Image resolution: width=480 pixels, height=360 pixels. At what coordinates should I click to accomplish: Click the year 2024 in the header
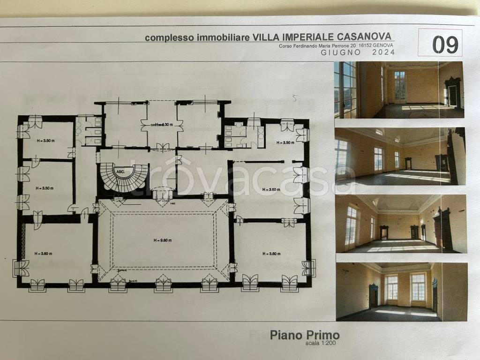coord(383,52)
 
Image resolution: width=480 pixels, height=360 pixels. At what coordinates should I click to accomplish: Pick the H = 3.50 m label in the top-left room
coord(46,141)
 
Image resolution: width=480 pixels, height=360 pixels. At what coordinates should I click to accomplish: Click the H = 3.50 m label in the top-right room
coord(285,142)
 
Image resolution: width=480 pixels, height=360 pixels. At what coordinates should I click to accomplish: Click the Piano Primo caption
coord(305,336)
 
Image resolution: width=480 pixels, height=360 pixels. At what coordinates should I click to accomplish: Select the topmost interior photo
coord(398,90)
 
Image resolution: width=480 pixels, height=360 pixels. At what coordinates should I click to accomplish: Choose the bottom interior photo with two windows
coord(402,291)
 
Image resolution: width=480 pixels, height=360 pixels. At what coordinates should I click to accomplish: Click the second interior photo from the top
coord(400,157)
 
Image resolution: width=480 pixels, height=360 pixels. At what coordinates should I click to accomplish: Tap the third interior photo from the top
coord(401,224)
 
